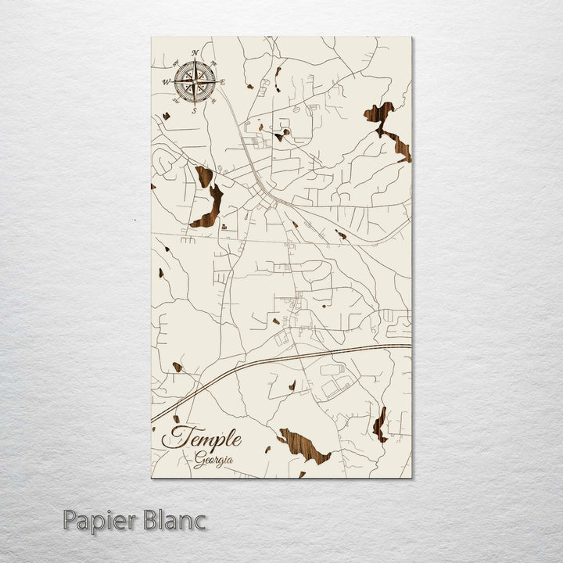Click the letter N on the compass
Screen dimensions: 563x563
(195, 54)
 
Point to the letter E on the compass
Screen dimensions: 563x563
(223, 81)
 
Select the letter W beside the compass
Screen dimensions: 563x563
(166, 81)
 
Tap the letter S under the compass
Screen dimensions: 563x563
(195, 110)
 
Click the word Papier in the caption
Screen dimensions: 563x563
(100, 520)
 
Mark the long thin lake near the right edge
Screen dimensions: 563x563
(380, 425)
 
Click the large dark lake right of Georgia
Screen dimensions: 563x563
(305, 446)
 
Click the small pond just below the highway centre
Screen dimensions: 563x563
(292, 385)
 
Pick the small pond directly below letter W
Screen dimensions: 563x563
(166, 117)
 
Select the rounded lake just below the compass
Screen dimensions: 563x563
(203, 176)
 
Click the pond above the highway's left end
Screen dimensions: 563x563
(178, 367)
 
